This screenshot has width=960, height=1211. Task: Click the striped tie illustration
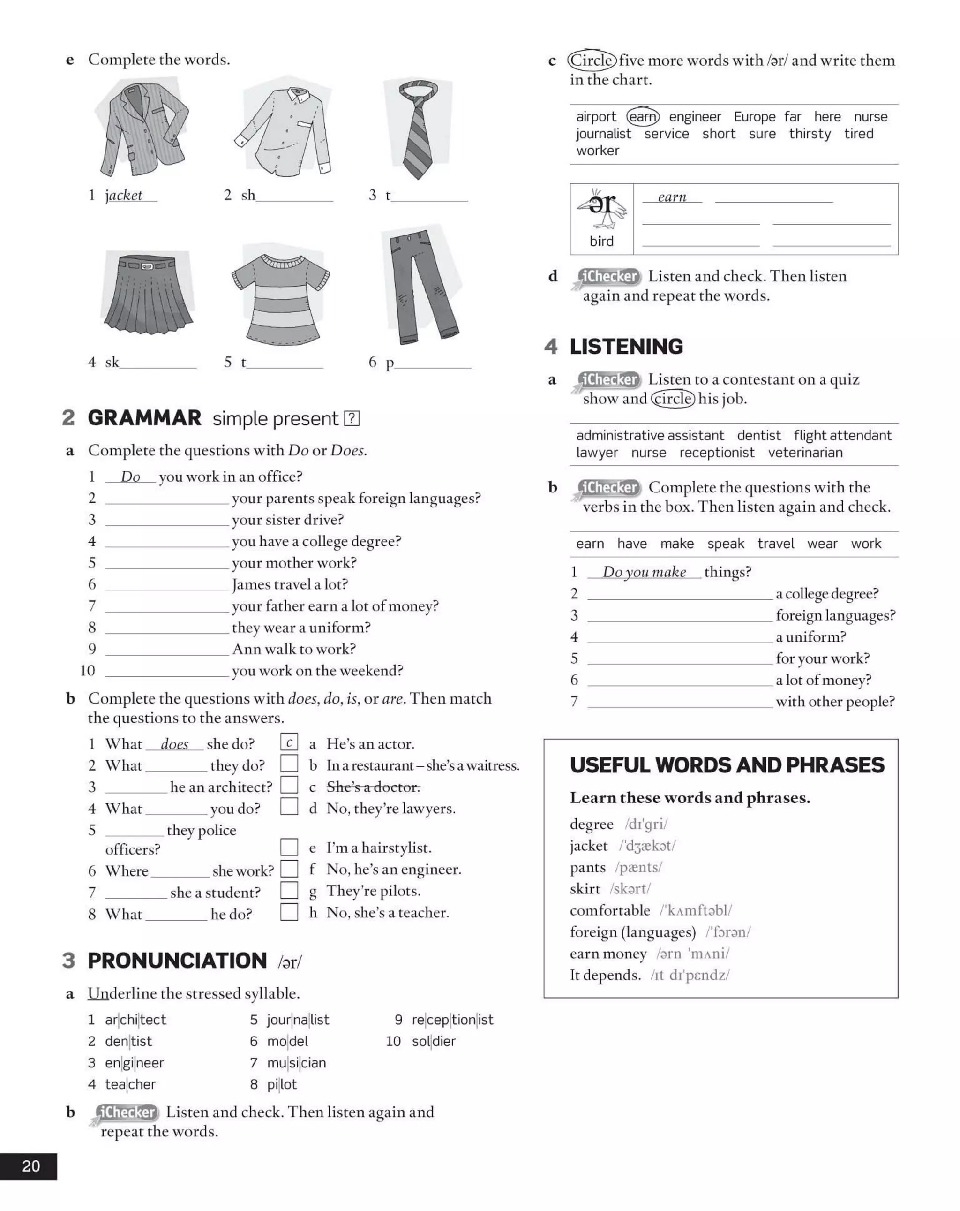tap(418, 129)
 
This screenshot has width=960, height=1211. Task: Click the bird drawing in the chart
tap(601, 209)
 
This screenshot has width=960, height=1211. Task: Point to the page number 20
tap(31, 1166)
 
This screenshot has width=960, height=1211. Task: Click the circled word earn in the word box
tap(643, 117)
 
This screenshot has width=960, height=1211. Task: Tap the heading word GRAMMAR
tap(144, 418)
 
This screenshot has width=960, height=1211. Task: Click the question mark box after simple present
tap(352, 418)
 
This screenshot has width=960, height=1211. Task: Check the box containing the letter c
tap(289, 742)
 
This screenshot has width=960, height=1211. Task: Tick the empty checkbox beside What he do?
tap(289, 912)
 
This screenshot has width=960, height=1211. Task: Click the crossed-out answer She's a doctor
tap(373, 787)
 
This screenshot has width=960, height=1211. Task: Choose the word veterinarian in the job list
tap(805, 453)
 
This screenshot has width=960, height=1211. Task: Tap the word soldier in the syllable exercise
tap(434, 1041)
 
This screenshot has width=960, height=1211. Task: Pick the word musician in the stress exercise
tap(296, 1063)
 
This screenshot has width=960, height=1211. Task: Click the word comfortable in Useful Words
tap(610, 910)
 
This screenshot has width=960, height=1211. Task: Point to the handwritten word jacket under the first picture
tap(124, 196)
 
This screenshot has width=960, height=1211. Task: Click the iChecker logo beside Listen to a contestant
tap(608, 380)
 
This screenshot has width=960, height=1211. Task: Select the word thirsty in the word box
tap(810, 134)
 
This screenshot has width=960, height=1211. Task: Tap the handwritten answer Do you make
tap(644, 572)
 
